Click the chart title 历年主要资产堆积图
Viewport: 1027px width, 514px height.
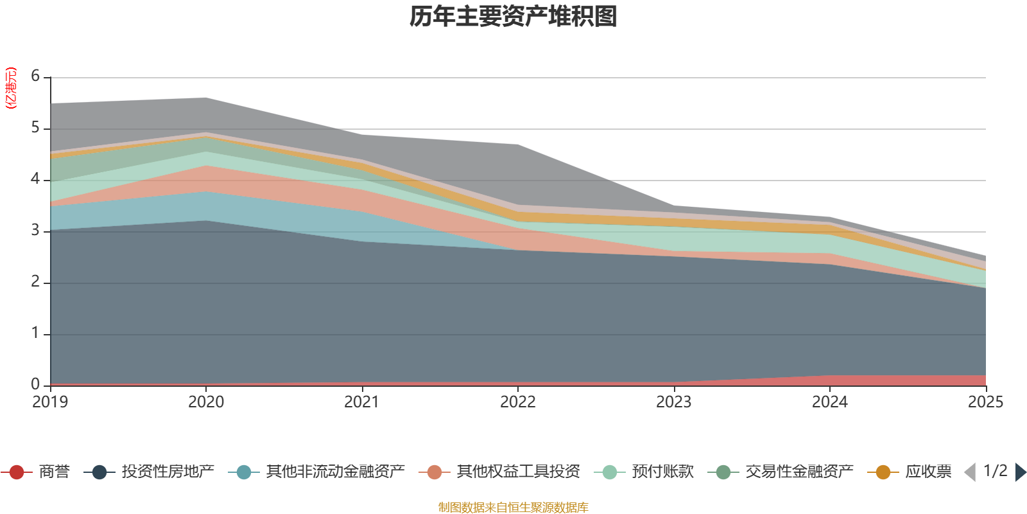[x=513, y=17]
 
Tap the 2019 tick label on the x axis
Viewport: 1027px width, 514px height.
[x=50, y=402]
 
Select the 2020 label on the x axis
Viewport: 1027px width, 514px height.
[x=206, y=402]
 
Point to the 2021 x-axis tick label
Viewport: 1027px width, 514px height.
[x=362, y=402]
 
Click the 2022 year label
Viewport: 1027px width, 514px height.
[x=518, y=402]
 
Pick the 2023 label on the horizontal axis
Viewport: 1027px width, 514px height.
[x=674, y=402]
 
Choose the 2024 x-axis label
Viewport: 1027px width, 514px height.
[x=830, y=402]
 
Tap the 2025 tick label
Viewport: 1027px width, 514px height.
[x=985, y=402]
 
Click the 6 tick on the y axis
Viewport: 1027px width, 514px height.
[x=35, y=76]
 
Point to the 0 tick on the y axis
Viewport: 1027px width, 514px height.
[x=35, y=385]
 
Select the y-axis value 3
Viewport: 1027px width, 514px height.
[x=35, y=231]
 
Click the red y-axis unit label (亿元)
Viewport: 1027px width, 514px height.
[x=11, y=89]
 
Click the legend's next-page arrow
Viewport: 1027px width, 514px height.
[x=1020, y=472]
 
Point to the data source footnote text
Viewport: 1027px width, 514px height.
[x=513, y=508]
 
